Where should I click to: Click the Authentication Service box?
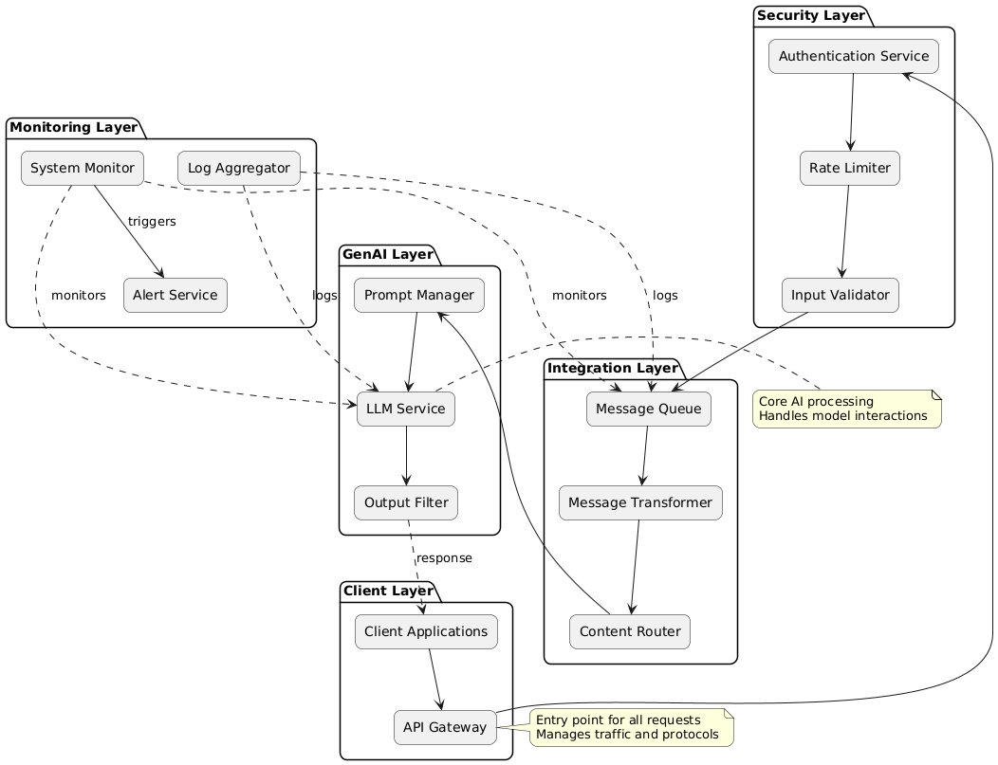click(x=854, y=57)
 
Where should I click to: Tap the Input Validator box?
click(x=841, y=295)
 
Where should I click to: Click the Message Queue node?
click(x=649, y=410)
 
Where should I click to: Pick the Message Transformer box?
click(x=640, y=502)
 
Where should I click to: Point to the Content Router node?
click(x=629, y=631)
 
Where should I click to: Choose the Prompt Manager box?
click(x=419, y=295)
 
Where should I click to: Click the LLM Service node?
click(x=406, y=410)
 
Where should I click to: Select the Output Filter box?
click(x=406, y=502)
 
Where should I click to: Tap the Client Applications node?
click(x=426, y=631)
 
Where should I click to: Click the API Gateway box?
click(x=445, y=727)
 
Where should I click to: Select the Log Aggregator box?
click(x=239, y=168)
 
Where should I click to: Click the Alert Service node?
click(x=176, y=295)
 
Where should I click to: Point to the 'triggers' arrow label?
click(x=152, y=221)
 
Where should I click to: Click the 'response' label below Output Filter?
click(x=444, y=558)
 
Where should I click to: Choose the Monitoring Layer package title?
click(x=73, y=127)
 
